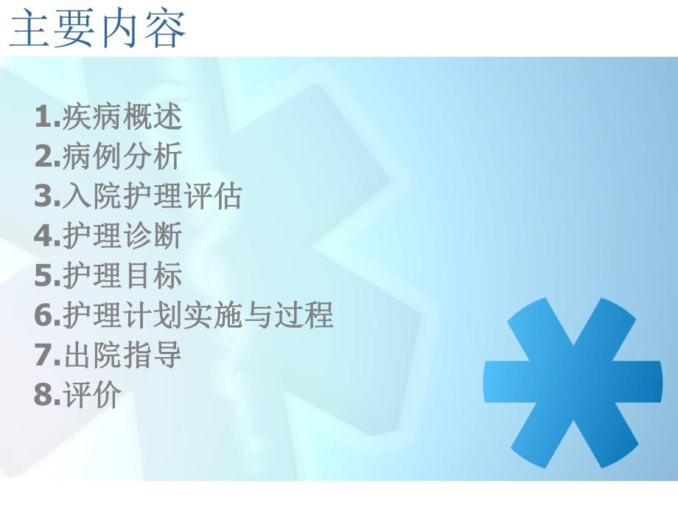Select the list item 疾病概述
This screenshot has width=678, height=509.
(x=122, y=117)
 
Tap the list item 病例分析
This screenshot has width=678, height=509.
(x=122, y=157)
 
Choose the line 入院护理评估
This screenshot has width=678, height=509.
(x=152, y=197)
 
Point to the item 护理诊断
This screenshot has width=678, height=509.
(x=122, y=237)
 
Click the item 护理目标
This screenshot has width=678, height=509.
(x=122, y=277)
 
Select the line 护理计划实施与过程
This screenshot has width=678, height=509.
(x=198, y=316)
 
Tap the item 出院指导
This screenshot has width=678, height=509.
(x=122, y=356)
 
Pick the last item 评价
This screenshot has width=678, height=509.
(x=91, y=396)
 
